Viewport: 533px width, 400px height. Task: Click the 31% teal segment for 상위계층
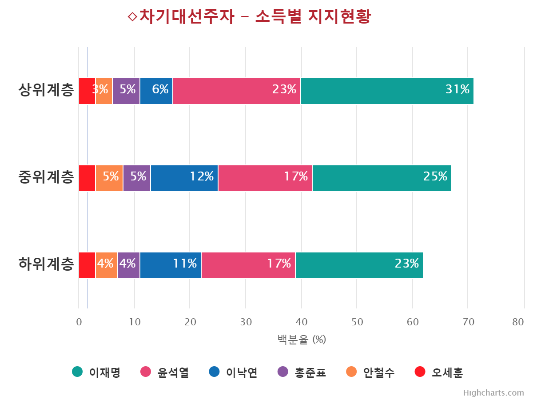[387, 91]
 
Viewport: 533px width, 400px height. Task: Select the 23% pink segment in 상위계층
[237, 91]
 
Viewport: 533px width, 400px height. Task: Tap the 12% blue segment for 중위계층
[184, 178]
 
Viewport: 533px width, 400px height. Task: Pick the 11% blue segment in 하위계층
[171, 265]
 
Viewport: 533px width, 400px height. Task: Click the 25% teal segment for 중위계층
[382, 178]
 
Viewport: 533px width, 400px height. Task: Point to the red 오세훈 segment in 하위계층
[87, 265]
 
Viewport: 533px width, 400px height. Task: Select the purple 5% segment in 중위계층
[137, 178]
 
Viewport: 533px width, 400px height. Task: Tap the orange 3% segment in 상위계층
[104, 91]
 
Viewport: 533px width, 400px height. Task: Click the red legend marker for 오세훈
[420, 372]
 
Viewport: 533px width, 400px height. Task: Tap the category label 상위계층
[46, 91]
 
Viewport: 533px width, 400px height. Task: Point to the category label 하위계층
[46, 265]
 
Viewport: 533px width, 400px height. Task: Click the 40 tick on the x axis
[301, 322]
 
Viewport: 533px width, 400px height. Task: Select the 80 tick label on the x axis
[518, 322]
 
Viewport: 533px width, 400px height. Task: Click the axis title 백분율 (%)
[302, 340]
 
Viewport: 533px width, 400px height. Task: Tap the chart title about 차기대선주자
[249, 17]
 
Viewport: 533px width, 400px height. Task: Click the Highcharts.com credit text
[493, 393]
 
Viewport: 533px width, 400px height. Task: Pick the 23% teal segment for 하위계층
[359, 265]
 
